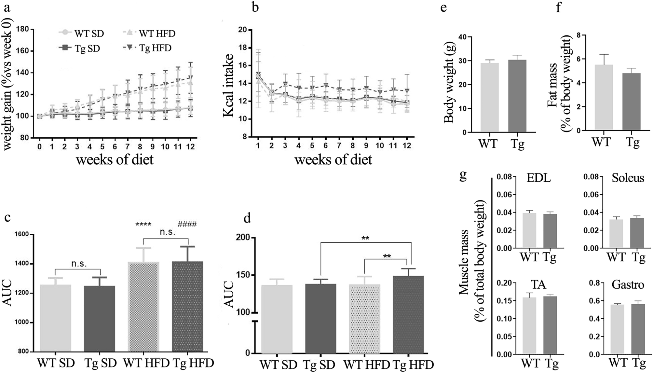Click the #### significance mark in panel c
187,224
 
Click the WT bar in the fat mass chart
604,98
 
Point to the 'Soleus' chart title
628,178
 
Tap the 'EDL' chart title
540,178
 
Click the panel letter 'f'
559,7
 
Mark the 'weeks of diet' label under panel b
333,160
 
